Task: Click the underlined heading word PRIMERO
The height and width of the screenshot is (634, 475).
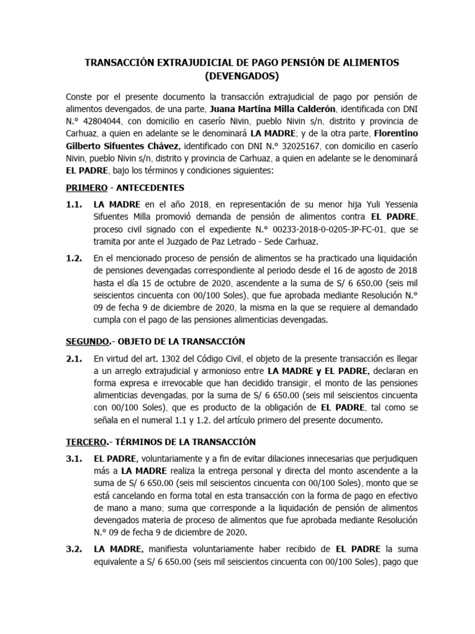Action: [x=87, y=188]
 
